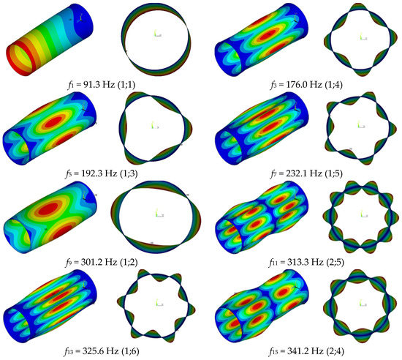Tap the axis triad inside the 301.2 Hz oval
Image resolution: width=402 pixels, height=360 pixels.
(x=156, y=213)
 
